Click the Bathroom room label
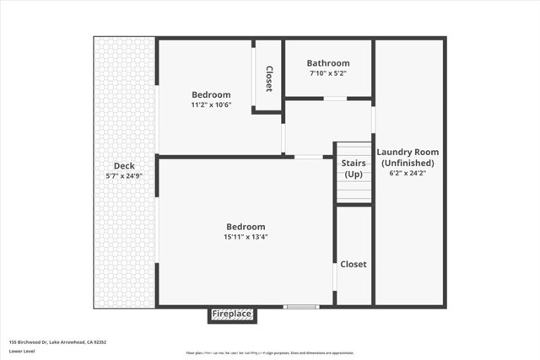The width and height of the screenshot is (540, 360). click(x=328, y=63)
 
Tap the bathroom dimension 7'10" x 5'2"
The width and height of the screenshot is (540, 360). click(x=328, y=73)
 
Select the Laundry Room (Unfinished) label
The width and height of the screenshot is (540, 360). click(x=408, y=157)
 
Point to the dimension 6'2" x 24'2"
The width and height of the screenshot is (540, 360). click(x=408, y=173)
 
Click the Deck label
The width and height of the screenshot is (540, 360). click(x=124, y=166)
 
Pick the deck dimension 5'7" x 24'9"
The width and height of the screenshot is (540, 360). click(x=124, y=176)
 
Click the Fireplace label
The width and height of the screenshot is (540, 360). click(x=232, y=314)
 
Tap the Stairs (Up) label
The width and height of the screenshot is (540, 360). click(x=354, y=168)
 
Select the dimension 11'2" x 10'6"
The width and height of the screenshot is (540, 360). click(x=211, y=105)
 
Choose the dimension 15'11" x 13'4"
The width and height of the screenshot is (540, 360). click(x=246, y=237)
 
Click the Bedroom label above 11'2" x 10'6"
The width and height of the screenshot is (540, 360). click(x=211, y=94)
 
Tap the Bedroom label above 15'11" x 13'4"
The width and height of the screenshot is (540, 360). click(x=246, y=226)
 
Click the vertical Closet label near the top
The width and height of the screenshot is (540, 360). click(x=269, y=78)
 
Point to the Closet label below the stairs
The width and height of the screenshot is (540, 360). click(x=354, y=264)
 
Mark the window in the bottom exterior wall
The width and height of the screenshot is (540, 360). click(x=301, y=306)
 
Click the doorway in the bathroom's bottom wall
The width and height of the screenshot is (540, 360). click(x=335, y=99)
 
